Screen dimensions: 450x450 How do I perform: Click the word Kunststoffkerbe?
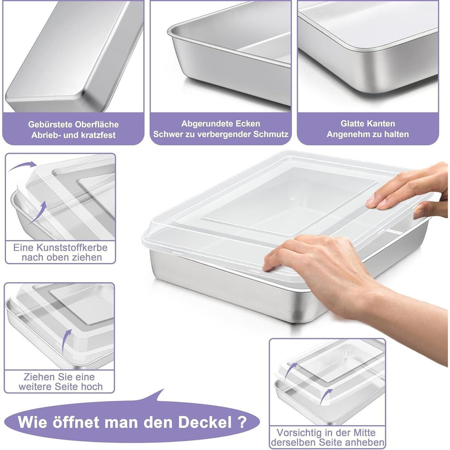point(72,247)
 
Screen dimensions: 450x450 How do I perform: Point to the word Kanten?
point(382,123)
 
